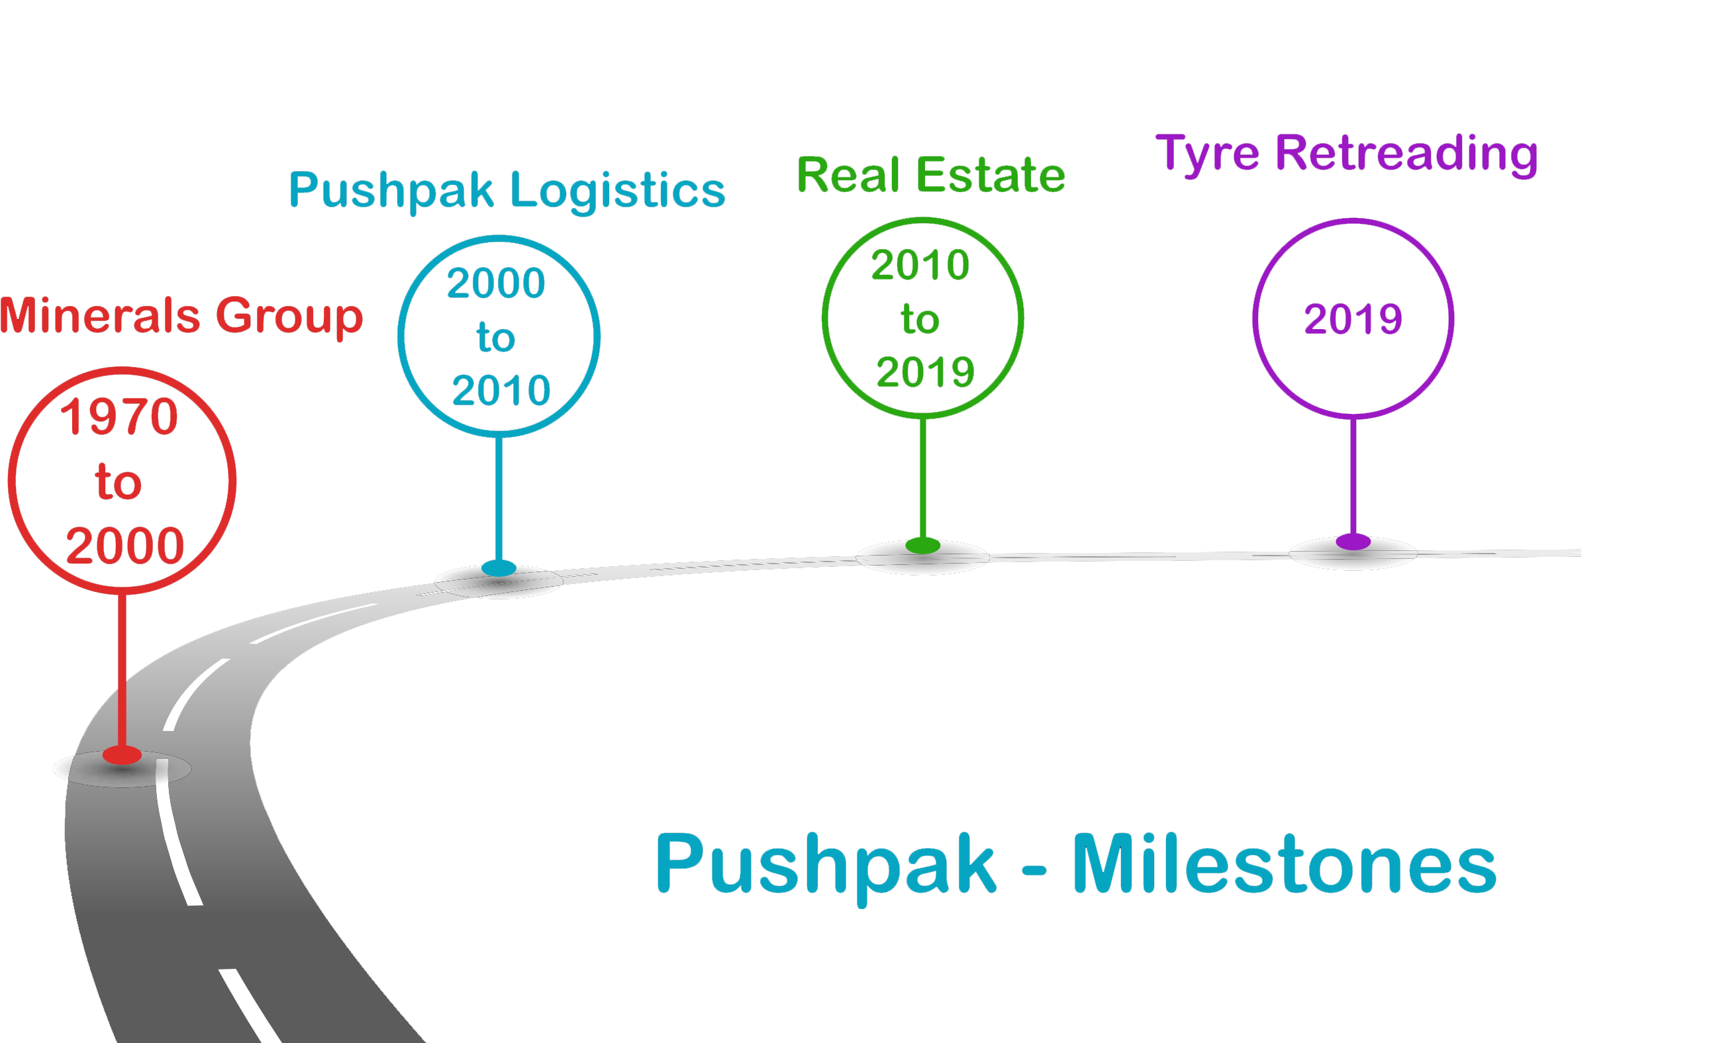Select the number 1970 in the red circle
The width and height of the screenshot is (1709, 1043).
(119, 417)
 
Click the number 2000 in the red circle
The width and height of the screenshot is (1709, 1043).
(125, 546)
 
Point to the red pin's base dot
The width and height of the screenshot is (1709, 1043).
(122, 755)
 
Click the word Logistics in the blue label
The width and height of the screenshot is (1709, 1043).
(617, 191)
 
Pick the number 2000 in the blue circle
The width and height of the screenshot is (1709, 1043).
(496, 283)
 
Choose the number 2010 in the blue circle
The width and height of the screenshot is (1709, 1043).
(501, 391)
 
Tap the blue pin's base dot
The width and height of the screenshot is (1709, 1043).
(499, 568)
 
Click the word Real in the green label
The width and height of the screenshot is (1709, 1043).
(848, 175)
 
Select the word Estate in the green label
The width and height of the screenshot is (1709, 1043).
(991, 175)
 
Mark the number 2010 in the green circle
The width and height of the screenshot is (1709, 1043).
(920, 265)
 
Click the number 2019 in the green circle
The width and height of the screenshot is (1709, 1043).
(926, 372)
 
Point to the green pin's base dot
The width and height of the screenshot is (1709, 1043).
(923, 546)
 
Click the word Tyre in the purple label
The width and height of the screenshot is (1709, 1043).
(1207, 154)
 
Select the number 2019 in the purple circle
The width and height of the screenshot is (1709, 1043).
(1353, 319)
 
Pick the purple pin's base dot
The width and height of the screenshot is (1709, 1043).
(1353, 542)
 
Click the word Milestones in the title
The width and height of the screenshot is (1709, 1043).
(1284, 865)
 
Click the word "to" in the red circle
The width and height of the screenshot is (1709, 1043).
(119, 482)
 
